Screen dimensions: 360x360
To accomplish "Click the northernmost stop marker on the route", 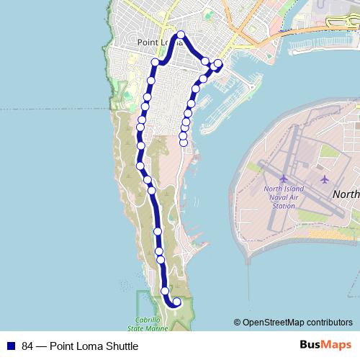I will [x=181, y=35].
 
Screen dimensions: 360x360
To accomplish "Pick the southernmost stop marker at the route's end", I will [x=176, y=302].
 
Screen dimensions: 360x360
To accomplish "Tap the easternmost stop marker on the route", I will [x=218, y=64].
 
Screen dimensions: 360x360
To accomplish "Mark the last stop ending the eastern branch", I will [x=183, y=143].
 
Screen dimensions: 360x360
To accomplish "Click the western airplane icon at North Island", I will [x=284, y=178].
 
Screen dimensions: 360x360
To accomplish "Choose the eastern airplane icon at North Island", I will [x=325, y=179].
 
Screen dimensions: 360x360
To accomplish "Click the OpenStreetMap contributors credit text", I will [x=297, y=323].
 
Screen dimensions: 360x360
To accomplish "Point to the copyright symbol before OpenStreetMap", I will [x=237, y=323].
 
